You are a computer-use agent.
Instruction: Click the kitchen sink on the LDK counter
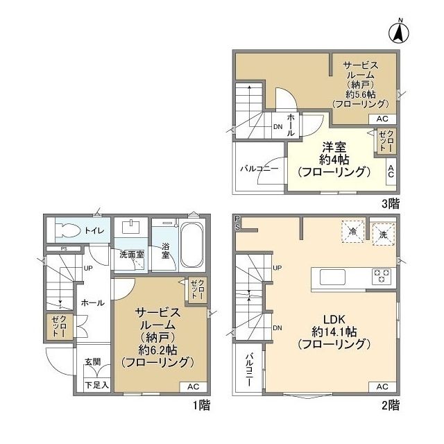[332, 277]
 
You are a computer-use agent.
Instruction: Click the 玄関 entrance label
[93, 361]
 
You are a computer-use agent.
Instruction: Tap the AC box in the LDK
[382, 386]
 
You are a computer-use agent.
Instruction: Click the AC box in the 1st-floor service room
[194, 386]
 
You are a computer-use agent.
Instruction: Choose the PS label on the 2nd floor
[237, 222]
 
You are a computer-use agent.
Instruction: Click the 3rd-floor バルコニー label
[259, 169]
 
